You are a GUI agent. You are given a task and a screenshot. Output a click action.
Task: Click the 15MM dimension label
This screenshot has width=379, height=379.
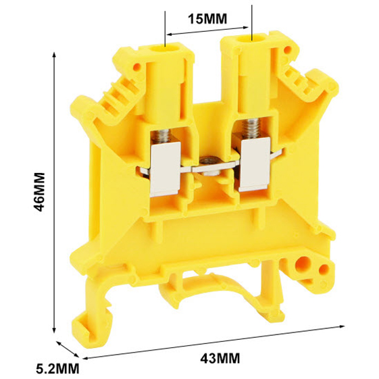pos(207,19)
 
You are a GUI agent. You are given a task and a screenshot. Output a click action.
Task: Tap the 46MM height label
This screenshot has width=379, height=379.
pos(39,192)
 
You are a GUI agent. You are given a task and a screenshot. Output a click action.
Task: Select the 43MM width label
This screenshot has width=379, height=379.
pos(220,358)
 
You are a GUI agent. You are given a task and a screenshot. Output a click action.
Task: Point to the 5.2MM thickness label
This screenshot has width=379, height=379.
pos(57,369)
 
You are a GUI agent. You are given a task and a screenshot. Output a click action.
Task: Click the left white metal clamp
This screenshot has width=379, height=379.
pos(166,168)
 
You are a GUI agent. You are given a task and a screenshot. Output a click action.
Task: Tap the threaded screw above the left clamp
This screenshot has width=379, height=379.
pos(161,136)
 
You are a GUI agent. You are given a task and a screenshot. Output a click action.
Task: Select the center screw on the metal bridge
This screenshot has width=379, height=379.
pos(208,166)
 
